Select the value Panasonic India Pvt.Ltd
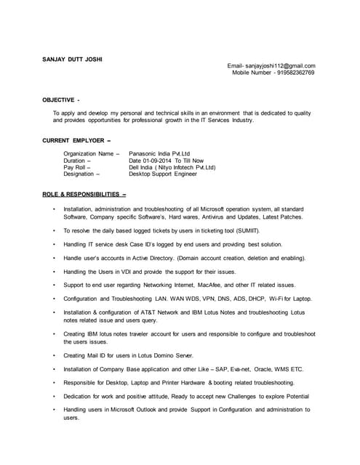pos(159,154)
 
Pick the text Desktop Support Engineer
pos(163,174)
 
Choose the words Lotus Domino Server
pos(168,355)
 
